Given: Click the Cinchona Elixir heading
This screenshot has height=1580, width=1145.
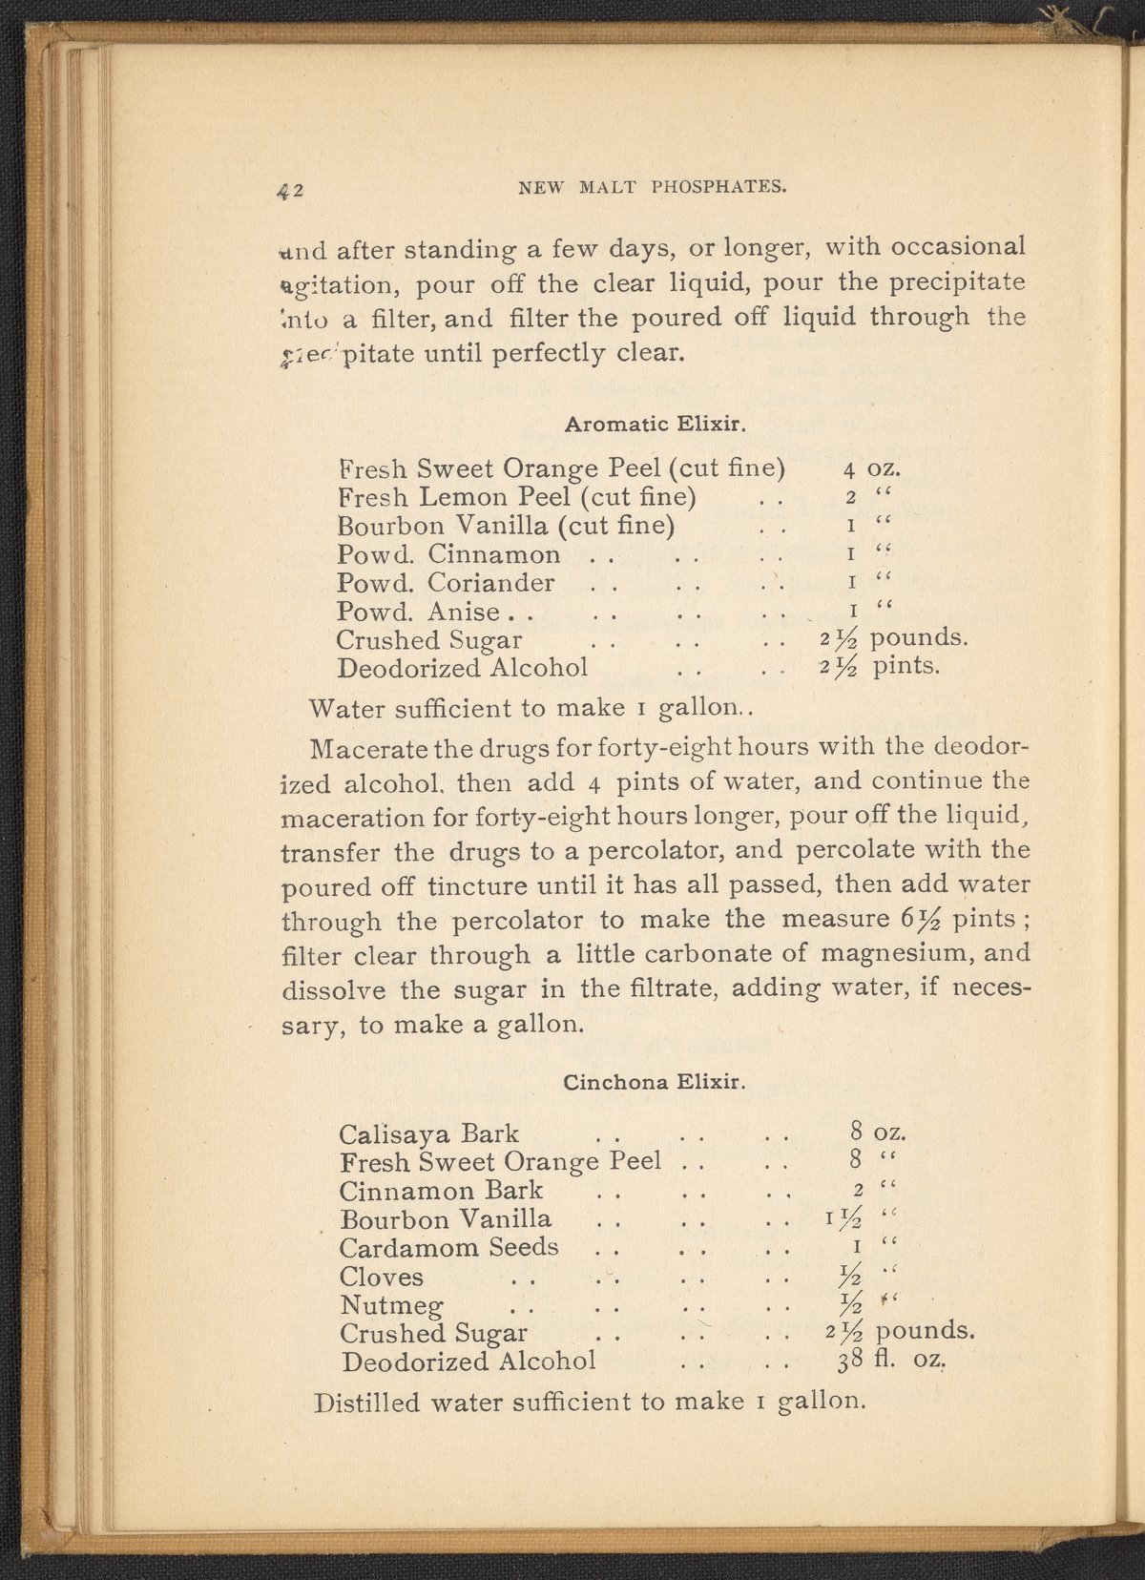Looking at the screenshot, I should (654, 1083).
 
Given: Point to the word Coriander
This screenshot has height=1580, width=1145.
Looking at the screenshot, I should (490, 582).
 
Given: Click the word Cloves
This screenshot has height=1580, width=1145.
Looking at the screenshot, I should (382, 1277).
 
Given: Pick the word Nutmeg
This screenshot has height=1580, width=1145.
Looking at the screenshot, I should (389, 1305).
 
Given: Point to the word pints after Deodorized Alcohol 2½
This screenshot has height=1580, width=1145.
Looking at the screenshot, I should (907, 666).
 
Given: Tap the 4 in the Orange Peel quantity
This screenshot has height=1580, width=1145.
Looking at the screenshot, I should (848, 469).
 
